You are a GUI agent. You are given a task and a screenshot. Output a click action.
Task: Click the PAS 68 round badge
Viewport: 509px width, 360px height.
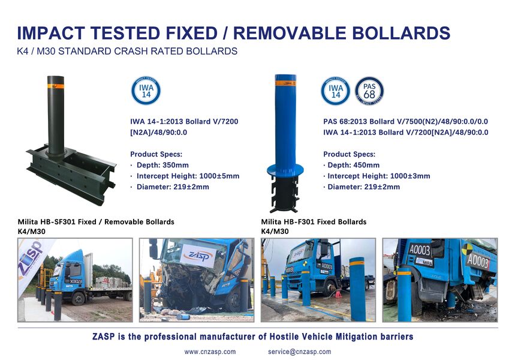369,91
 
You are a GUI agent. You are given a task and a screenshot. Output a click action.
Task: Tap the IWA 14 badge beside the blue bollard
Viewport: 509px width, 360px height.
336,91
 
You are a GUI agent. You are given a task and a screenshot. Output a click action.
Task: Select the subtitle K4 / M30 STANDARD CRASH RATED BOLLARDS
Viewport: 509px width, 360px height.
127,52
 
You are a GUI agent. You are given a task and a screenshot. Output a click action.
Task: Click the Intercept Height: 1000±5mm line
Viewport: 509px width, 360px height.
187,176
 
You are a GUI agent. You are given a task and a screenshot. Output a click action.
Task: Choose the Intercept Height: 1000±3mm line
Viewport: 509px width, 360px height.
378,176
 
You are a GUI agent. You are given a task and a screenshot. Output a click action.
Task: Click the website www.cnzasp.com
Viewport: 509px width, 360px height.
210,352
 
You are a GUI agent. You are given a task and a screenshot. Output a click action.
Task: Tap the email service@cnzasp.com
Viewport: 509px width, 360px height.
299,352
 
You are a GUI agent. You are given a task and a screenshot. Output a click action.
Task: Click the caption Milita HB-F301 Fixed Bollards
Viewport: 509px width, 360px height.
314,222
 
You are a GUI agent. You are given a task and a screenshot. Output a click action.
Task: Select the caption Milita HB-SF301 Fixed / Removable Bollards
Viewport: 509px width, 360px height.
96,222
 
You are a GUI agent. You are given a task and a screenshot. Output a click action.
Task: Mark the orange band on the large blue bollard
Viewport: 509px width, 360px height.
285,83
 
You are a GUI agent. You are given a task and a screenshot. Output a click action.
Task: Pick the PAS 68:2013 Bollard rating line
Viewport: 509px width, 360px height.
405,121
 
